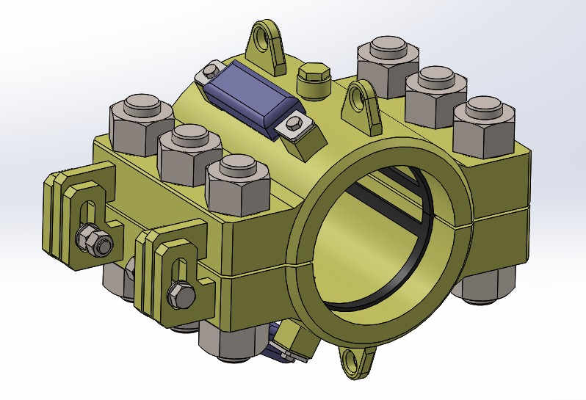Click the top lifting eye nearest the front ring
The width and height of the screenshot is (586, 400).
[362, 104]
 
